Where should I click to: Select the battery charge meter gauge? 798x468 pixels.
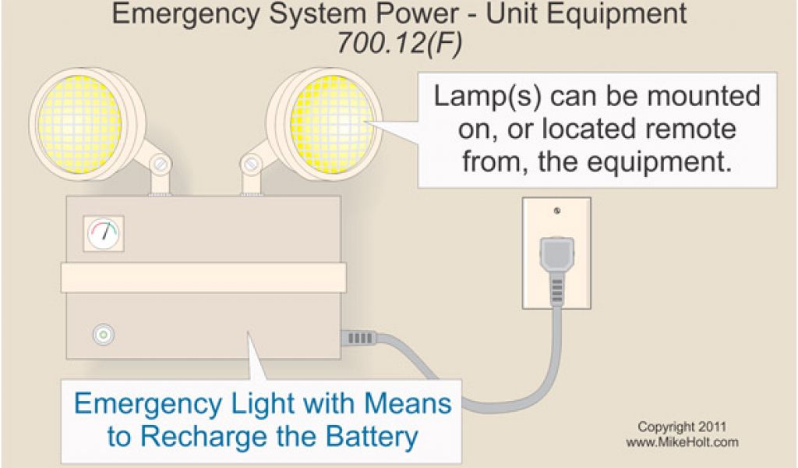tap(104, 232)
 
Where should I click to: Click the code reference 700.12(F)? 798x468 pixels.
tap(399, 44)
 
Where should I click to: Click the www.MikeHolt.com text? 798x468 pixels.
tap(682, 442)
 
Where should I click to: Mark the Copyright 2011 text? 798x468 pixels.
tap(682, 427)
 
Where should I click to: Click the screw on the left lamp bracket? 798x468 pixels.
tap(161, 165)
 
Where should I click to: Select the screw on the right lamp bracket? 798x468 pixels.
tap(250, 165)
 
